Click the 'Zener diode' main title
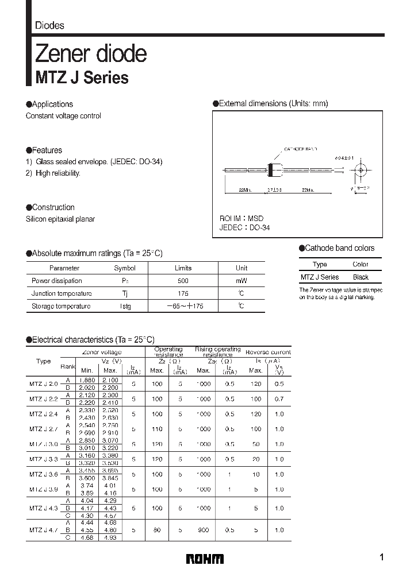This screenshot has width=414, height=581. pyautogui.click(x=91, y=53)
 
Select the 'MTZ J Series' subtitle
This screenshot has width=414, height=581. pyautogui.click(x=82, y=78)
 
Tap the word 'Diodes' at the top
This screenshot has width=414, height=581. pyautogui.click(x=49, y=25)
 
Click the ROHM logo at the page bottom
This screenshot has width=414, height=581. pyautogui.click(x=205, y=559)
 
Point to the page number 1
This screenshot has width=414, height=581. pyautogui.click(x=382, y=557)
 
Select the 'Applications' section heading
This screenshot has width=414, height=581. pyautogui.click(x=52, y=104)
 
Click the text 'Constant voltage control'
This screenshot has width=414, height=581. pyautogui.click(x=63, y=116)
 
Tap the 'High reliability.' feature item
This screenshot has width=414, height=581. pyautogui.click(x=57, y=173)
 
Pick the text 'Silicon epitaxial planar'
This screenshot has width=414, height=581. pyautogui.click(x=60, y=219)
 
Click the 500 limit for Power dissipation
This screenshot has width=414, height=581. pyautogui.click(x=183, y=281)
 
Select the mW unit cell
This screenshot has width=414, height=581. pyautogui.click(x=241, y=281)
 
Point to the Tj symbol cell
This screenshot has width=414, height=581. pyautogui.click(x=125, y=293)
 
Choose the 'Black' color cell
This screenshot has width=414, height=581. pyautogui.click(x=361, y=277)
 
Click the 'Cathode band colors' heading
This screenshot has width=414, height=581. pyautogui.click(x=339, y=248)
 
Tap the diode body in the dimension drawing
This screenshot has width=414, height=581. pyautogui.click(x=274, y=170)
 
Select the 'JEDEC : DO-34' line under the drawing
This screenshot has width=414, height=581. pyautogui.click(x=244, y=227)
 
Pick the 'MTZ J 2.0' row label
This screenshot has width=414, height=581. pyautogui.click(x=43, y=384)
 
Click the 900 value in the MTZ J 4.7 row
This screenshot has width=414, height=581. pyautogui.click(x=204, y=530)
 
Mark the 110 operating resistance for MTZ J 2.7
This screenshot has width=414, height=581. pyautogui.click(x=157, y=429)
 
